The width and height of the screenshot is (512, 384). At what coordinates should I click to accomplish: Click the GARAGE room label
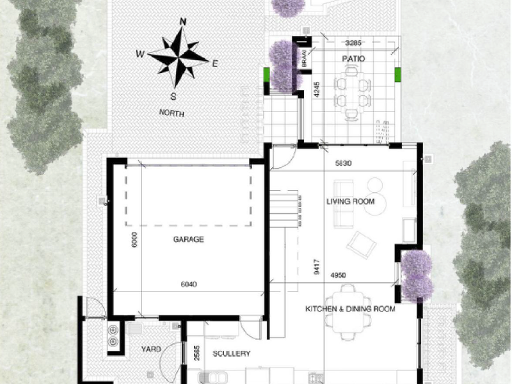[x=188, y=240]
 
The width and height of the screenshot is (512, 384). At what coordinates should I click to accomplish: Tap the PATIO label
[x=353, y=58]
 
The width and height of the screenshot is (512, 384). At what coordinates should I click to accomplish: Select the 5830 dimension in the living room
[x=344, y=164]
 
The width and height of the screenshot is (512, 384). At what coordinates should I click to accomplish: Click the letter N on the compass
[x=184, y=22]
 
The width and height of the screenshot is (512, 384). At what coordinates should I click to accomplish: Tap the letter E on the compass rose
[x=215, y=63]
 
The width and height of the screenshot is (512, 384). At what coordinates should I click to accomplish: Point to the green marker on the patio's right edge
[x=397, y=75]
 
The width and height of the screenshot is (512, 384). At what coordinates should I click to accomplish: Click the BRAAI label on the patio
[x=305, y=58]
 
